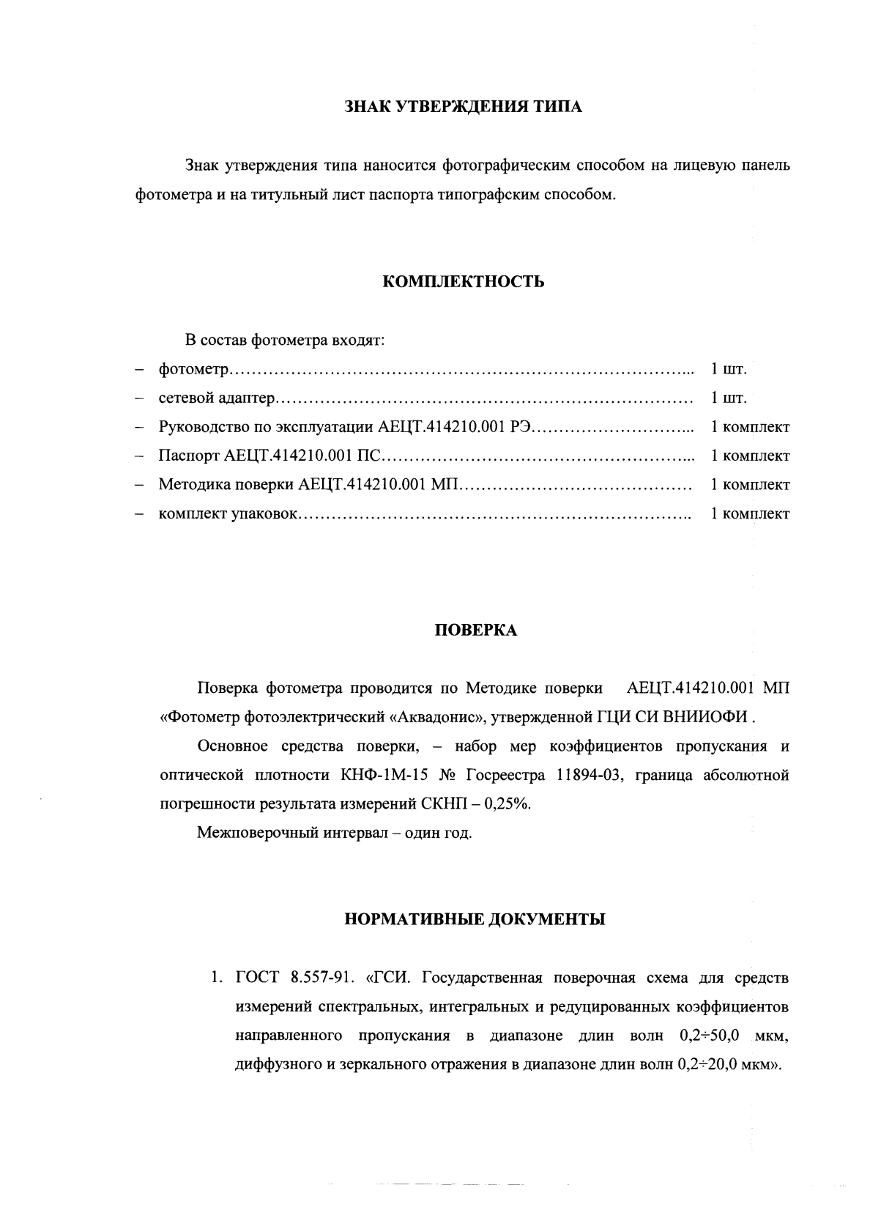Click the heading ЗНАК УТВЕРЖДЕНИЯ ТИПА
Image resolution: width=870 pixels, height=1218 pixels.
[463, 108]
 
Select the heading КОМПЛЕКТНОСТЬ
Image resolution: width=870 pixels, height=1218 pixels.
[464, 282]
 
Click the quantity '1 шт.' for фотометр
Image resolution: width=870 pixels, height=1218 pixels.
[729, 369]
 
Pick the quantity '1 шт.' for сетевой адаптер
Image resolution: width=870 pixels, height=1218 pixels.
[729, 398]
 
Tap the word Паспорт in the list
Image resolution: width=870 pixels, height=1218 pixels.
[189, 456]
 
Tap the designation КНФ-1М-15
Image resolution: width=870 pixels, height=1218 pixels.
[381, 775]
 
